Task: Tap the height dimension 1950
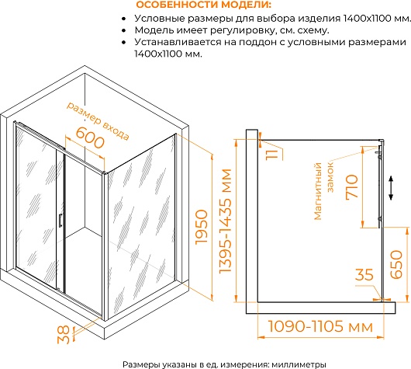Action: coord(202,227)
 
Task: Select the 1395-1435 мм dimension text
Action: coord(225,221)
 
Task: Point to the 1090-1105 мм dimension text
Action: coord(320,326)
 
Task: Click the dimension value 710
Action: coord(351,186)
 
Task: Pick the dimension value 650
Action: coord(396,264)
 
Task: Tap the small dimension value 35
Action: coord(364,274)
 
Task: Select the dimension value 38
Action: coord(64,334)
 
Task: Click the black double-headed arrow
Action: coord(391,188)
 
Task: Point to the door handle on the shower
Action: coord(60,220)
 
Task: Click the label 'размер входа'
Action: coord(98,121)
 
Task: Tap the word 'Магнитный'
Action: coord(318,191)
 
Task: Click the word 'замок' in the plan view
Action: coord(330,177)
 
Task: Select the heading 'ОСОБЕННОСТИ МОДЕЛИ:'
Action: coord(204,5)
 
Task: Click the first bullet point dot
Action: coord(124,19)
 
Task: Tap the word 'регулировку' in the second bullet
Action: coord(243,30)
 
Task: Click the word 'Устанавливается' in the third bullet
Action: coord(178,42)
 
